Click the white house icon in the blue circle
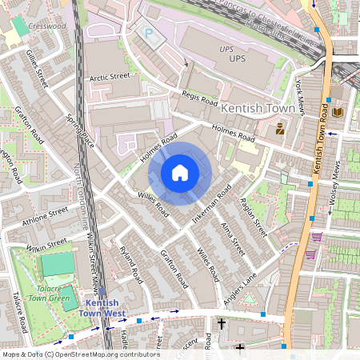[x=180, y=172]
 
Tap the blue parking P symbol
[x=148, y=34]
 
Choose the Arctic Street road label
[x=110, y=77]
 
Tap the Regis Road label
[x=199, y=98]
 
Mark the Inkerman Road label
[x=212, y=204]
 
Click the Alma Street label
[x=232, y=238]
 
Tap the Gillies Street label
[x=37, y=68]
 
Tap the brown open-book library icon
[x=338, y=113]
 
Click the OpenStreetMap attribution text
[x=80, y=354]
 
